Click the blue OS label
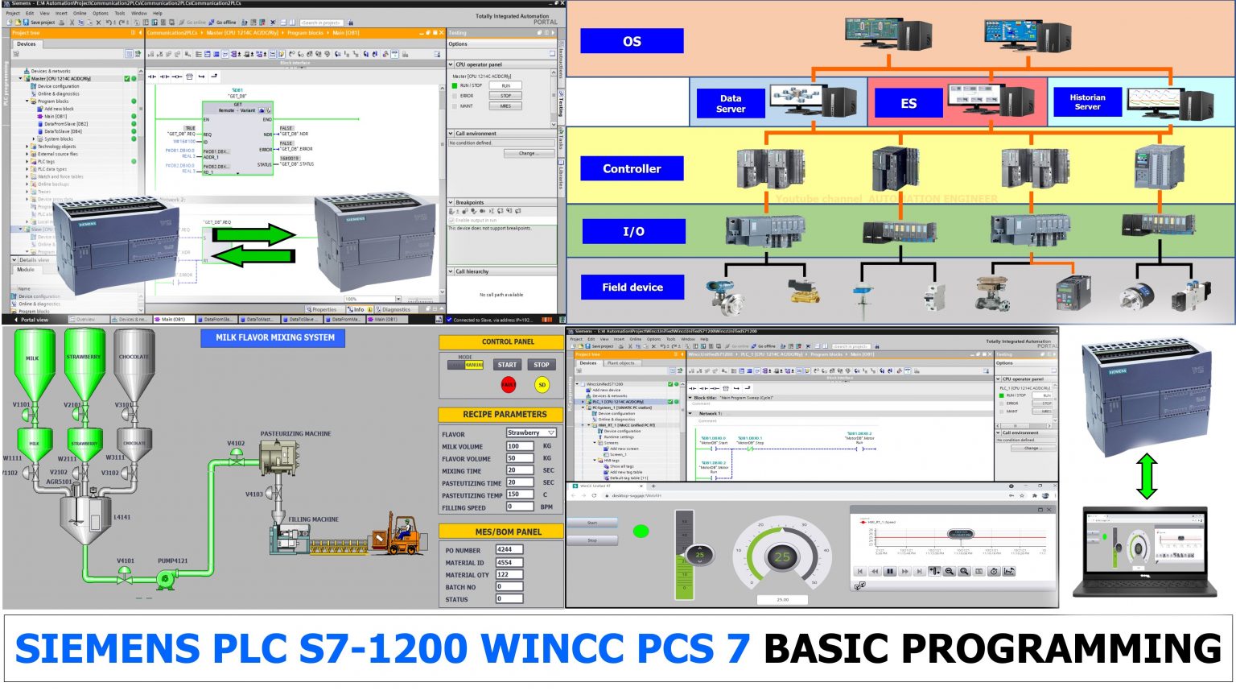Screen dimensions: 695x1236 pos(632,41)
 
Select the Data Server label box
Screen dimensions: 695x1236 pos(731,103)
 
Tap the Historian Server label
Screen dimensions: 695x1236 pos(1087,101)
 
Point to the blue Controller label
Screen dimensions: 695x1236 pos(632,168)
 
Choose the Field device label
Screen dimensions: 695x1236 pos(632,287)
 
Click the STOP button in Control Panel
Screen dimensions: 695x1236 pos(542,365)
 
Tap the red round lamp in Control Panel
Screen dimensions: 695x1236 pos(508,385)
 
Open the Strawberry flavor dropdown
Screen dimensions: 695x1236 pos(531,433)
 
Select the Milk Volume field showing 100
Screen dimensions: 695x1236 pos(519,445)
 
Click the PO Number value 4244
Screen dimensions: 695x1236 pos(509,549)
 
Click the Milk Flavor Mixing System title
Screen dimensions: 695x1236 pos(274,337)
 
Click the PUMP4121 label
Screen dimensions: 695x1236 pos(172,561)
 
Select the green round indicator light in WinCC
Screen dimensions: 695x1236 pos(641,531)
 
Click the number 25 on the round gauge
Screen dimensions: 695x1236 pos(782,556)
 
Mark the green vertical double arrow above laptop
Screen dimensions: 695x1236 pos(1147,475)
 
